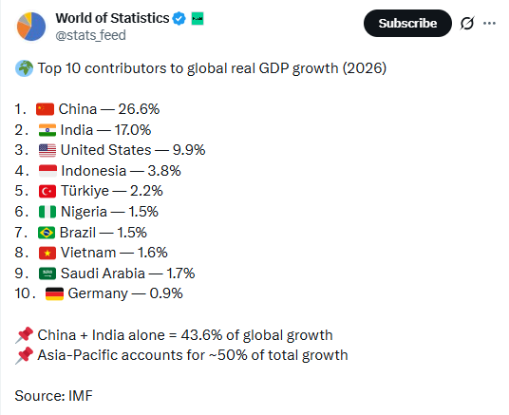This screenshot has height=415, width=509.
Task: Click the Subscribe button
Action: point(407,23)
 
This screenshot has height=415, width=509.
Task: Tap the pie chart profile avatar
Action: point(30,26)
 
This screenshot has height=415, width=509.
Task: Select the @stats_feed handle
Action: point(89,35)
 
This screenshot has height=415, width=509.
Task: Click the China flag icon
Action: point(46,109)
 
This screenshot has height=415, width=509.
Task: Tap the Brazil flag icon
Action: point(46,232)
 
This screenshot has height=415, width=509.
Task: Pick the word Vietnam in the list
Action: point(88,252)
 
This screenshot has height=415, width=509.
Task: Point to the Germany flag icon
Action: point(54,292)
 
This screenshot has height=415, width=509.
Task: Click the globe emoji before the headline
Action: point(24,69)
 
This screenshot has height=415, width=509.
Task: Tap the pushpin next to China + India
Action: point(24,334)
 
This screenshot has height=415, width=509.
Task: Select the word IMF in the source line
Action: point(81,395)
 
